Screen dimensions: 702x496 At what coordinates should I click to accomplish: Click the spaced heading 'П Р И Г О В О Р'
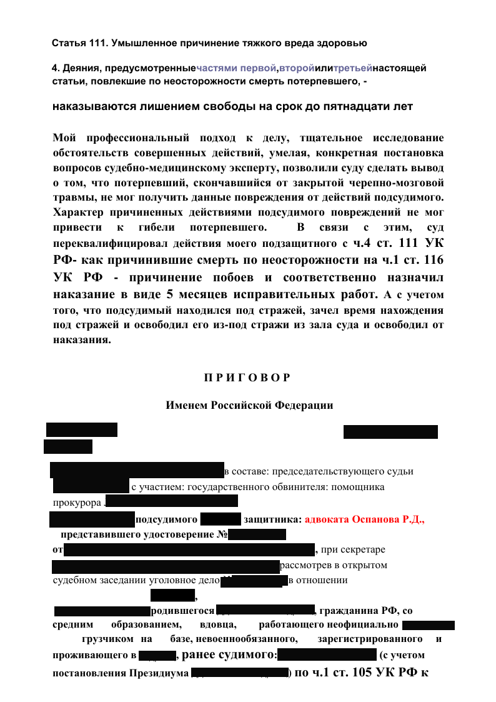pyautogui.click(x=247, y=378)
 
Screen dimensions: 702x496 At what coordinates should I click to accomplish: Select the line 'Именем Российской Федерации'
pyautogui.click(x=249, y=405)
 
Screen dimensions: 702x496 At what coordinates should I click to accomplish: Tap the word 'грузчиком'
pyautogui.click(x=107, y=639)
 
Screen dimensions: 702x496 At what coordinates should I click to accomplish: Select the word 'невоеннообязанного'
pyautogui.click(x=246, y=639)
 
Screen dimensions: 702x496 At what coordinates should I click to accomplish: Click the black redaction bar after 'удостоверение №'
pyautogui.click(x=256, y=534)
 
